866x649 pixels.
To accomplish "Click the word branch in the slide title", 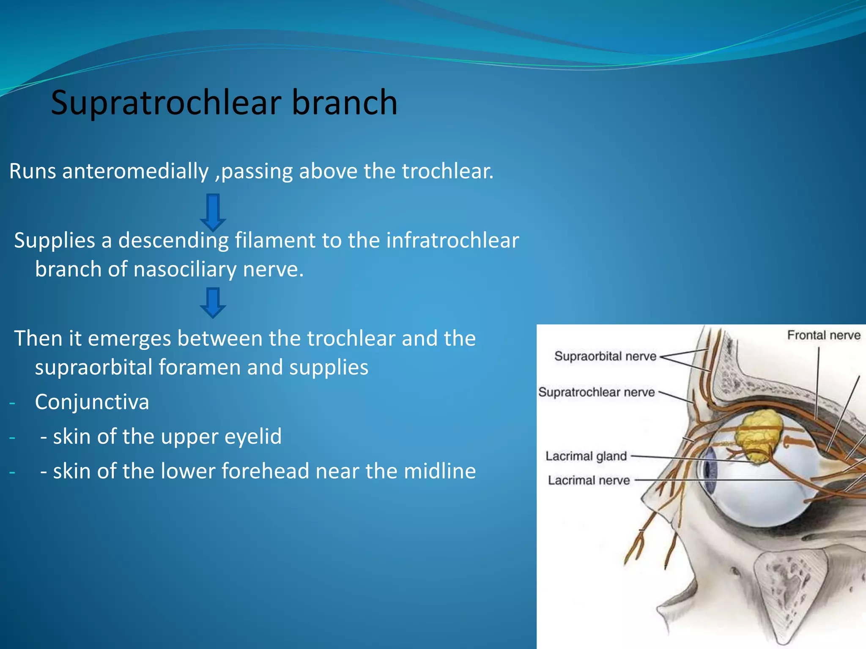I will click(x=344, y=103).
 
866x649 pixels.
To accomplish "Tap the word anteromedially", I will click(x=135, y=171).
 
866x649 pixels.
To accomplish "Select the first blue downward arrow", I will click(x=213, y=212).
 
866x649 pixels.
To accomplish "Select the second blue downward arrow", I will click(x=213, y=303).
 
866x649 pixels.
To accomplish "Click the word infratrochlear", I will click(x=452, y=240).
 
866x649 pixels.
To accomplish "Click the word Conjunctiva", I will click(x=92, y=402).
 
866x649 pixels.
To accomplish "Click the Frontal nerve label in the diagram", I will click(x=823, y=335).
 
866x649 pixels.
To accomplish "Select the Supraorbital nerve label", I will click(x=605, y=356).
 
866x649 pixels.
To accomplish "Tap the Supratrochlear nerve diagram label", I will click(x=596, y=392).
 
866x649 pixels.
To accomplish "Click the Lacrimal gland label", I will click(x=586, y=456).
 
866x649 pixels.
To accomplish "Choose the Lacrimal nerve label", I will click(x=589, y=480).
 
